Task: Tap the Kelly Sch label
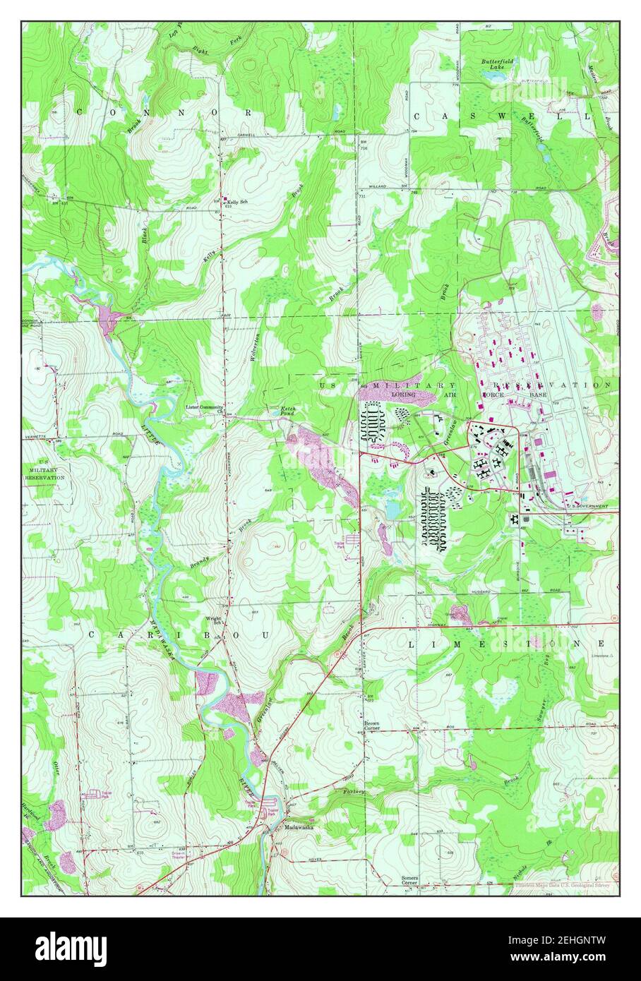pos(237,202)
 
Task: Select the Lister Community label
pos(205,407)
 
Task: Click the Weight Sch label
pos(214,620)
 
